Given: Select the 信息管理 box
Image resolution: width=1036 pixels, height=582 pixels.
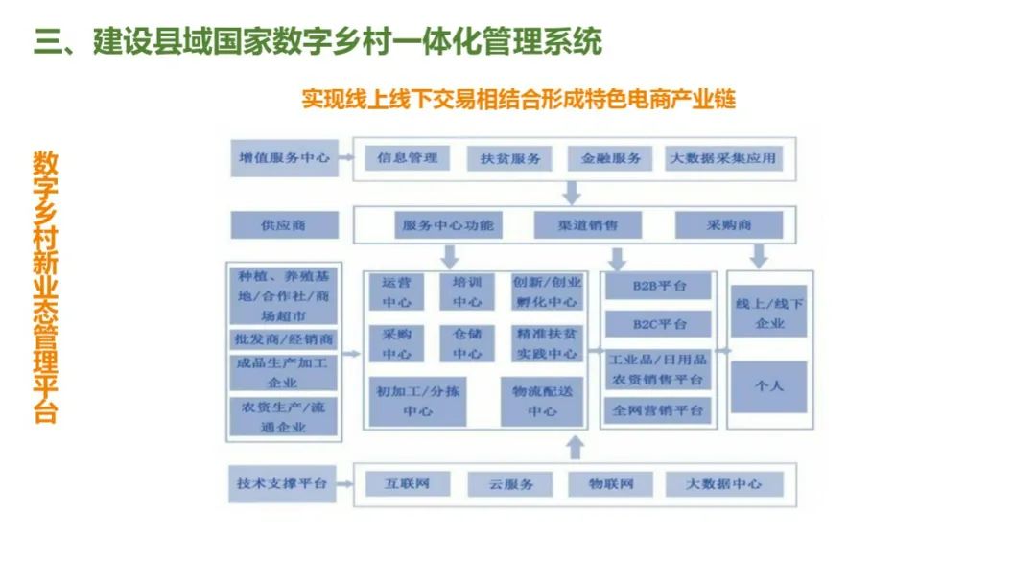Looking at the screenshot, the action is point(408,158).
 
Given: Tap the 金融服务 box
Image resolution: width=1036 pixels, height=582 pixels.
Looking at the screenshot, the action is point(610,158).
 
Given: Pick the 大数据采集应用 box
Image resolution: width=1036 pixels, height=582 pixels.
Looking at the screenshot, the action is point(724,158).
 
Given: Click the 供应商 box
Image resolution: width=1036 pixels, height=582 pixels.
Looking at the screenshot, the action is point(284,225).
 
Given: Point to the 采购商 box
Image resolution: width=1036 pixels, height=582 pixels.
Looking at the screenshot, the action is point(729,225).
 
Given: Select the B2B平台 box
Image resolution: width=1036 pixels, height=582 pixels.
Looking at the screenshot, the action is point(659,286).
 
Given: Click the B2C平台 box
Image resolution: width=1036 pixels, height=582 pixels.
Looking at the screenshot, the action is point(659,324).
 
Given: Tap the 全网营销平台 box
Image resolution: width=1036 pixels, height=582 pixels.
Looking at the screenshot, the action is point(659,411).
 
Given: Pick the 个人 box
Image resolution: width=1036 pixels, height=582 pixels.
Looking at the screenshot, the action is point(768,386).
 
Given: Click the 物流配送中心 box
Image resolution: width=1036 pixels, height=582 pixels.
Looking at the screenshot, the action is point(542,401).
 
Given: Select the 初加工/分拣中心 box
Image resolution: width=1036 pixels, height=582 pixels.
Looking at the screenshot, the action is point(417,401).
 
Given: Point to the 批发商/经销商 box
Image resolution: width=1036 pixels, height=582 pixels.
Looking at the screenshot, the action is point(284,339).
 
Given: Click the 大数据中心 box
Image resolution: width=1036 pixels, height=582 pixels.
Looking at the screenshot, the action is point(724,484).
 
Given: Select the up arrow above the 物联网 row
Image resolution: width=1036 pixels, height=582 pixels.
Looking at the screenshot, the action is point(575,447).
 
